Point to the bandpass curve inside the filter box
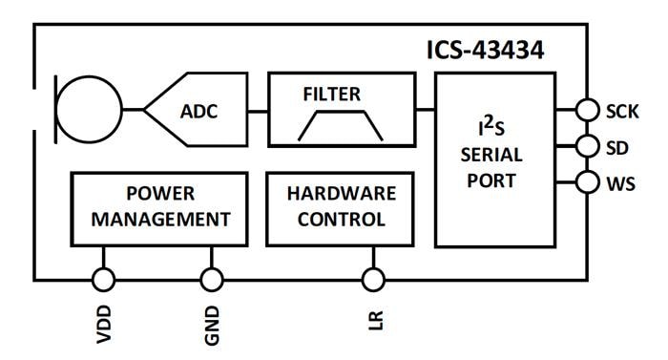(340, 124)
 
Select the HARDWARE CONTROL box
(341, 206)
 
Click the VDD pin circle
(103, 279)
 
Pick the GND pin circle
(212, 279)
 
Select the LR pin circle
(373, 279)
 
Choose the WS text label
(620, 182)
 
